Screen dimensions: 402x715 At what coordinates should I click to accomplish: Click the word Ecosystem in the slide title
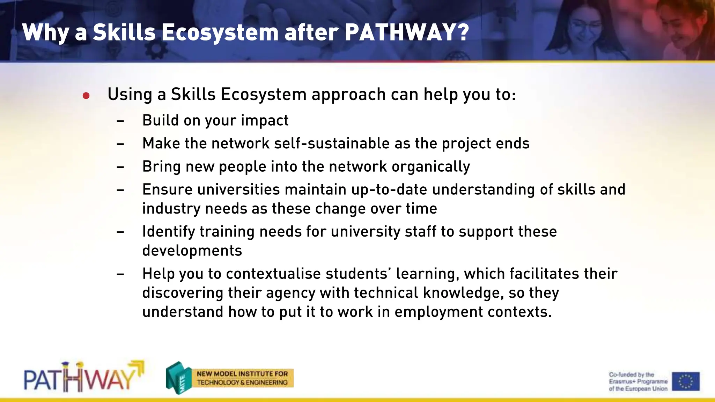(220, 33)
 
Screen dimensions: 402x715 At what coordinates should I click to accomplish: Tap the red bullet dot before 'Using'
(86, 95)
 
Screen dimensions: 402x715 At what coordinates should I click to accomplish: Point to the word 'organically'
(431, 167)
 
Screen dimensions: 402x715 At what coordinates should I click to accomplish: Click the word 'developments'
(192, 251)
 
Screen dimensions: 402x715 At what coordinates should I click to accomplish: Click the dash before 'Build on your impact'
(120, 121)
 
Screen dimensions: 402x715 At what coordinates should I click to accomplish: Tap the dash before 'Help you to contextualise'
(120, 274)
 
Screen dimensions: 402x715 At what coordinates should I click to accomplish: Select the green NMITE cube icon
(178, 378)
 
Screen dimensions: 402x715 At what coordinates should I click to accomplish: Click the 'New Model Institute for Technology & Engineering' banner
(242, 378)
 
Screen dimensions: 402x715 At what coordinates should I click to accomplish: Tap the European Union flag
(685, 381)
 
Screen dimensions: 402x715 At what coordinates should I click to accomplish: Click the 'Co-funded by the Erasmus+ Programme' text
(637, 381)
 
